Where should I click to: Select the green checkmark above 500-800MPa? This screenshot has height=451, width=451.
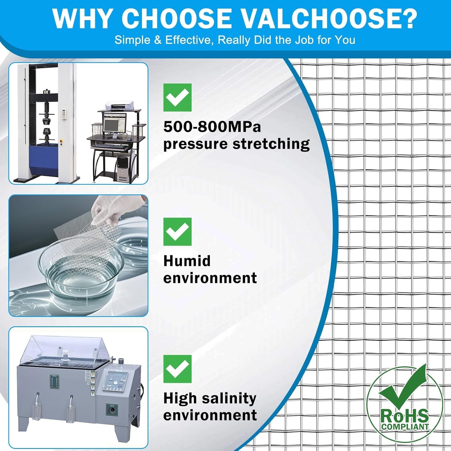pyautogui.click(x=177, y=97)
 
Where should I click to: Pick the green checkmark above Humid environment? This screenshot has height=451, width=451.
pyautogui.click(x=177, y=232)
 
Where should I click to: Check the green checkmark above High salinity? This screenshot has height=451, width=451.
pyautogui.click(x=177, y=369)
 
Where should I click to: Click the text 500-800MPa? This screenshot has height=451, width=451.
pyautogui.click(x=212, y=127)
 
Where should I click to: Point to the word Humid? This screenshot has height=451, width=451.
pyautogui.click(x=187, y=261)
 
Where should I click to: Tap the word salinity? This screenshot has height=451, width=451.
pyautogui.click(x=229, y=399)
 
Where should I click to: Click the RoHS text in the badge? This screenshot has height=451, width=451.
pyautogui.click(x=404, y=416)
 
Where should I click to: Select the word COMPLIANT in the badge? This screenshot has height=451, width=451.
pyautogui.click(x=405, y=426)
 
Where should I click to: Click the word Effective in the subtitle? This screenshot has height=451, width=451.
pyautogui.click(x=189, y=40)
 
